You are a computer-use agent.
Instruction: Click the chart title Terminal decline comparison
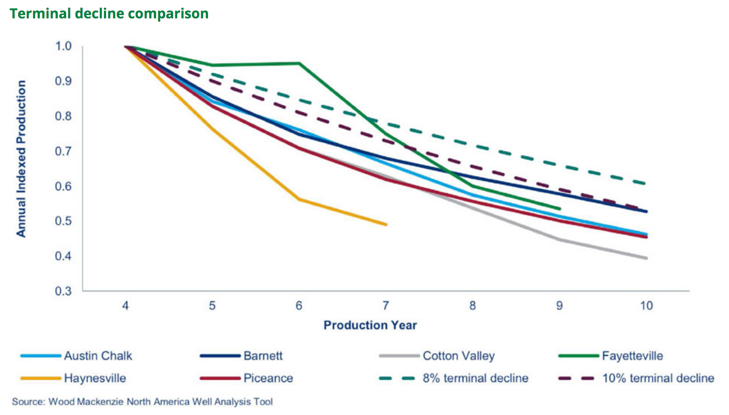click(109, 14)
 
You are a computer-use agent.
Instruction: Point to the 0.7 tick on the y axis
click(63, 151)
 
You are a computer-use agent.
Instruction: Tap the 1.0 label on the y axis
click(63, 46)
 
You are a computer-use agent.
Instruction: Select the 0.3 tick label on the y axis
click(63, 291)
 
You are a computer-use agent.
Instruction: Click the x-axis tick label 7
click(386, 306)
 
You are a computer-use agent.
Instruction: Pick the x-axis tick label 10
click(646, 306)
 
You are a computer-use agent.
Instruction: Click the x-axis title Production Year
click(370, 325)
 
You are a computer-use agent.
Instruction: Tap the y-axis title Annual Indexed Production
click(21, 159)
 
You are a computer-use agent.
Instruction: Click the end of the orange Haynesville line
click(386, 225)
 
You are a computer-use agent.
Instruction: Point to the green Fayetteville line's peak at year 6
click(299, 63)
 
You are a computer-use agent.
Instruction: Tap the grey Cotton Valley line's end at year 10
click(646, 258)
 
